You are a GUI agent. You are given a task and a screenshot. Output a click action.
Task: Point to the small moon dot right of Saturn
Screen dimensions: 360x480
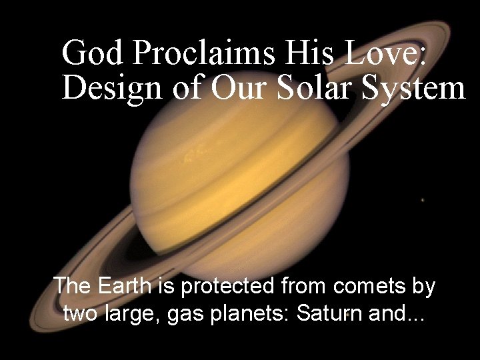tap(423, 199)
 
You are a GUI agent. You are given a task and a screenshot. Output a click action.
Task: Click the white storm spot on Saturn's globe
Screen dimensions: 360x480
tap(193, 157)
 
